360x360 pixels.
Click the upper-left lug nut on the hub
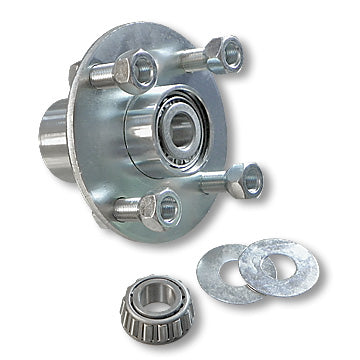pyautogui.click(x=125, y=71)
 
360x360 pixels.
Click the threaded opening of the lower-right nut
pyautogui.click(x=252, y=180)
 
